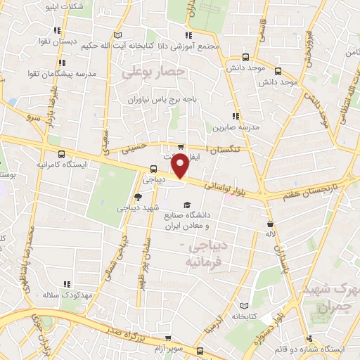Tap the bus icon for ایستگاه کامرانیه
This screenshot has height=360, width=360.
(61, 154)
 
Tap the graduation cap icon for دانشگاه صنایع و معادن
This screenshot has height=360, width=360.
(186, 205)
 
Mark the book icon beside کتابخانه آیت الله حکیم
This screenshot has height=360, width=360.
(118, 35)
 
